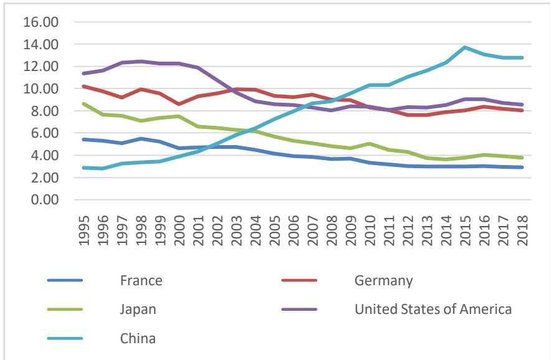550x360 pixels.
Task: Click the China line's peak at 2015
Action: click(x=464, y=47)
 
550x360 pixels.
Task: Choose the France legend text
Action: click(x=141, y=281)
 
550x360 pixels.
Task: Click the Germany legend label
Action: click(x=383, y=281)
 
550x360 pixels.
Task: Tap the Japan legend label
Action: click(x=138, y=310)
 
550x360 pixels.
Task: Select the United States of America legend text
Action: click(x=433, y=310)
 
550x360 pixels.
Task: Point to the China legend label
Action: click(x=138, y=339)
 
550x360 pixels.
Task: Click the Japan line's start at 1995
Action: click(x=83, y=104)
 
